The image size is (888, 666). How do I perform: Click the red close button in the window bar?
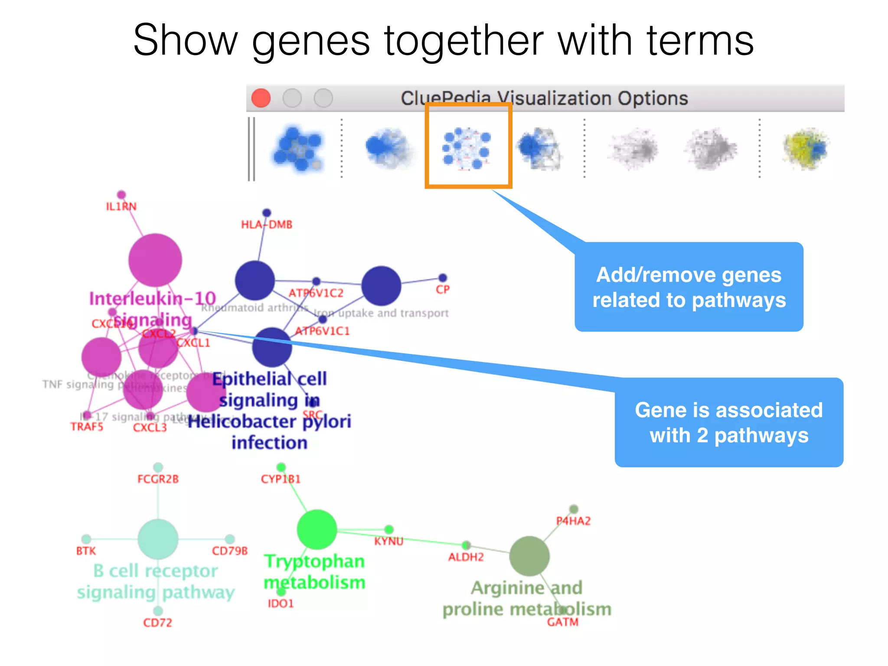point(261,98)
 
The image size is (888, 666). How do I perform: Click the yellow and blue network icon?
point(806,148)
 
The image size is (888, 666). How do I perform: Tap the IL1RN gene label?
point(121,206)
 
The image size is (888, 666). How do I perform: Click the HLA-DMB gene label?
point(267,225)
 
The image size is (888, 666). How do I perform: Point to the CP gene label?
point(443,290)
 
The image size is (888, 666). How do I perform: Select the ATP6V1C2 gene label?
point(316,294)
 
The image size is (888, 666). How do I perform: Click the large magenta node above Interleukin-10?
point(155,260)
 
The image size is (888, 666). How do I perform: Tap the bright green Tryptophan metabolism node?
point(317,529)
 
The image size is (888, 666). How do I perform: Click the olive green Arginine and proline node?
point(529,556)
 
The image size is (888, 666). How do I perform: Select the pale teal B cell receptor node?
point(158,539)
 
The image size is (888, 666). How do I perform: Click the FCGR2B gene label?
point(158,479)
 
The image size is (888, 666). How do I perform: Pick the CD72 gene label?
point(157,623)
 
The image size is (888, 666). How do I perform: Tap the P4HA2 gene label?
point(573,521)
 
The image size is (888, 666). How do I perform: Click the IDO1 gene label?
point(281,604)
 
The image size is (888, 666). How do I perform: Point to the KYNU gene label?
point(388,541)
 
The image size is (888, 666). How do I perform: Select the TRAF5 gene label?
point(87,427)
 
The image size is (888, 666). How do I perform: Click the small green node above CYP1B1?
point(281,467)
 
